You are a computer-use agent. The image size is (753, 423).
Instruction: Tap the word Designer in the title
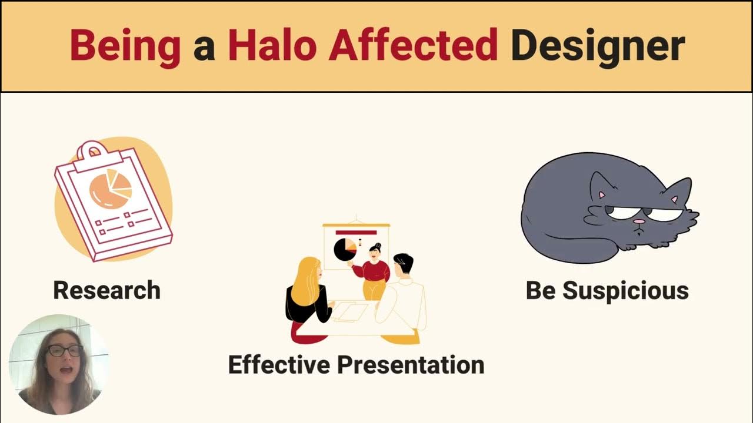[x=598, y=46]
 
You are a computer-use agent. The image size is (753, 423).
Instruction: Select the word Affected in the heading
[x=413, y=46]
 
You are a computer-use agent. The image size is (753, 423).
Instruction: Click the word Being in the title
[x=125, y=46]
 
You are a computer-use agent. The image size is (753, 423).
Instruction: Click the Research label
[x=106, y=290]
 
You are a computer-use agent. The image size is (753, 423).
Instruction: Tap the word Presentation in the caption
[x=410, y=364]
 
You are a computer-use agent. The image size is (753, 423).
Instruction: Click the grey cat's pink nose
[x=638, y=222]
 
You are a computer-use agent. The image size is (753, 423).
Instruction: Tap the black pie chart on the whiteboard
[x=344, y=250]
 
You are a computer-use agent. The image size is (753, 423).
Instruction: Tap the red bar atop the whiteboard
[x=355, y=233]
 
